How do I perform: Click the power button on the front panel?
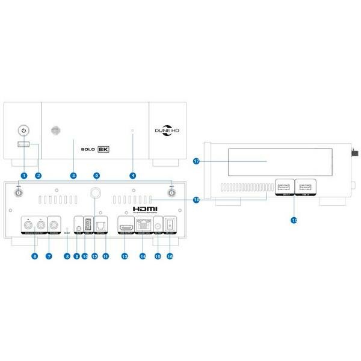[x=23, y=129]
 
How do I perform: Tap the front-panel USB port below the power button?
[x=23, y=144]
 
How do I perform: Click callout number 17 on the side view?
[x=196, y=161]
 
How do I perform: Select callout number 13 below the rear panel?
[x=125, y=256]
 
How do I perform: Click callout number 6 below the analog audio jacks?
[x=35, y=256]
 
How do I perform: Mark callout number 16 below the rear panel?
[x=170, y=256]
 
